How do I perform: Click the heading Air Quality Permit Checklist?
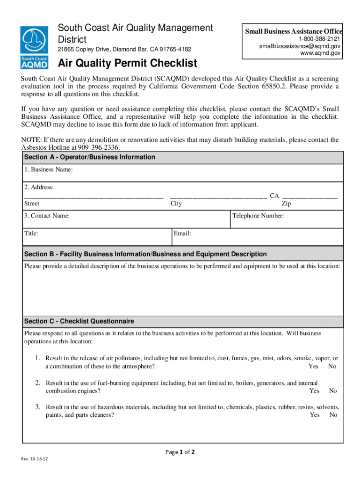coord(127,63)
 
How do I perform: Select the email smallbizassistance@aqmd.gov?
coord(300,46)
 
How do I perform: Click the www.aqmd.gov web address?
coord(320,54)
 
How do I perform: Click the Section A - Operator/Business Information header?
coord(90,157)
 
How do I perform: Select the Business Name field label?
coord(49,170)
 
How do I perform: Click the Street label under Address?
coord(32,203)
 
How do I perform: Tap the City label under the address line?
coord(176,203)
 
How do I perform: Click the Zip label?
coord(286,203)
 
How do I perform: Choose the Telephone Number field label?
coord(258,216)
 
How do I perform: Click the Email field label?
coord(182,233)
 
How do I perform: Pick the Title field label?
coord(31,233)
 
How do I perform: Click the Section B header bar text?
coord(145,254)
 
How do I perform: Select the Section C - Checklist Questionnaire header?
coord(79,321)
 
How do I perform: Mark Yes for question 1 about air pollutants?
coord(314,366)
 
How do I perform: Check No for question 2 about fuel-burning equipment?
coord(333,391)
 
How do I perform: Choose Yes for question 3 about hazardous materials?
coord(315,415)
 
